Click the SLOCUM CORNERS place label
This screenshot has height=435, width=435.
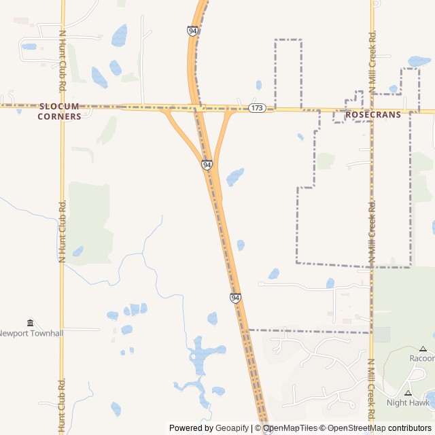click(x=60, y=111)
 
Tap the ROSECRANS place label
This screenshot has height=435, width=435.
click(x=372, y=115)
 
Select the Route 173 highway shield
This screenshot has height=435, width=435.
click(x=256, y=109)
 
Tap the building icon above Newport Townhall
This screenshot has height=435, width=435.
click(x=30, y=322)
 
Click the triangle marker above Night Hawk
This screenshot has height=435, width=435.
click(x=408, y=393)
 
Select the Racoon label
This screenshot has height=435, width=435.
click(x=421, y=358)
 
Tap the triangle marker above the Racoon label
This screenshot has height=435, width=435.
click(x=422, y=349)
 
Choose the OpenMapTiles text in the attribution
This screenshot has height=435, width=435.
click(x=291, y=428)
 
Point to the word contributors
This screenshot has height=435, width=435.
click(x=409, y=428)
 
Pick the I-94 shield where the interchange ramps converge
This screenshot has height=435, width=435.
click(x=207, y=165)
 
